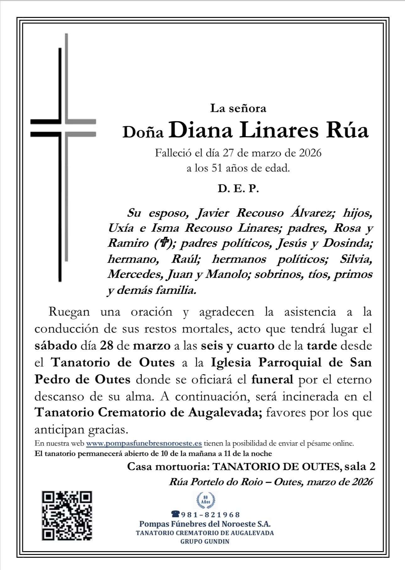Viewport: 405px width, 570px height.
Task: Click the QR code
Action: [67, 515]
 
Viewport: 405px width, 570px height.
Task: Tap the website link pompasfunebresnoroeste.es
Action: [144, 443]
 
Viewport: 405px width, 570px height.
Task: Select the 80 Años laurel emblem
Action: [206, 500]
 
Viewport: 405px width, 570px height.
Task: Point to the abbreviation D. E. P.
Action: [238, 189]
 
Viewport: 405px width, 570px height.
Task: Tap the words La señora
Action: [238, 108]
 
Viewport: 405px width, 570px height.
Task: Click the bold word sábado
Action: [56, 346]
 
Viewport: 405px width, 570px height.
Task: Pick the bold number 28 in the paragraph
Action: [107, 346]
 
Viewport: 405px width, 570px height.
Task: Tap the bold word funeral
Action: [272, 379]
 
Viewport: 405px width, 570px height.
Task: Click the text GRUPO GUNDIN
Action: [205, 541]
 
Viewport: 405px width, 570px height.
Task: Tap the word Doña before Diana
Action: [143, 133]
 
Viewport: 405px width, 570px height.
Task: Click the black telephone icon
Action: [175, 514]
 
